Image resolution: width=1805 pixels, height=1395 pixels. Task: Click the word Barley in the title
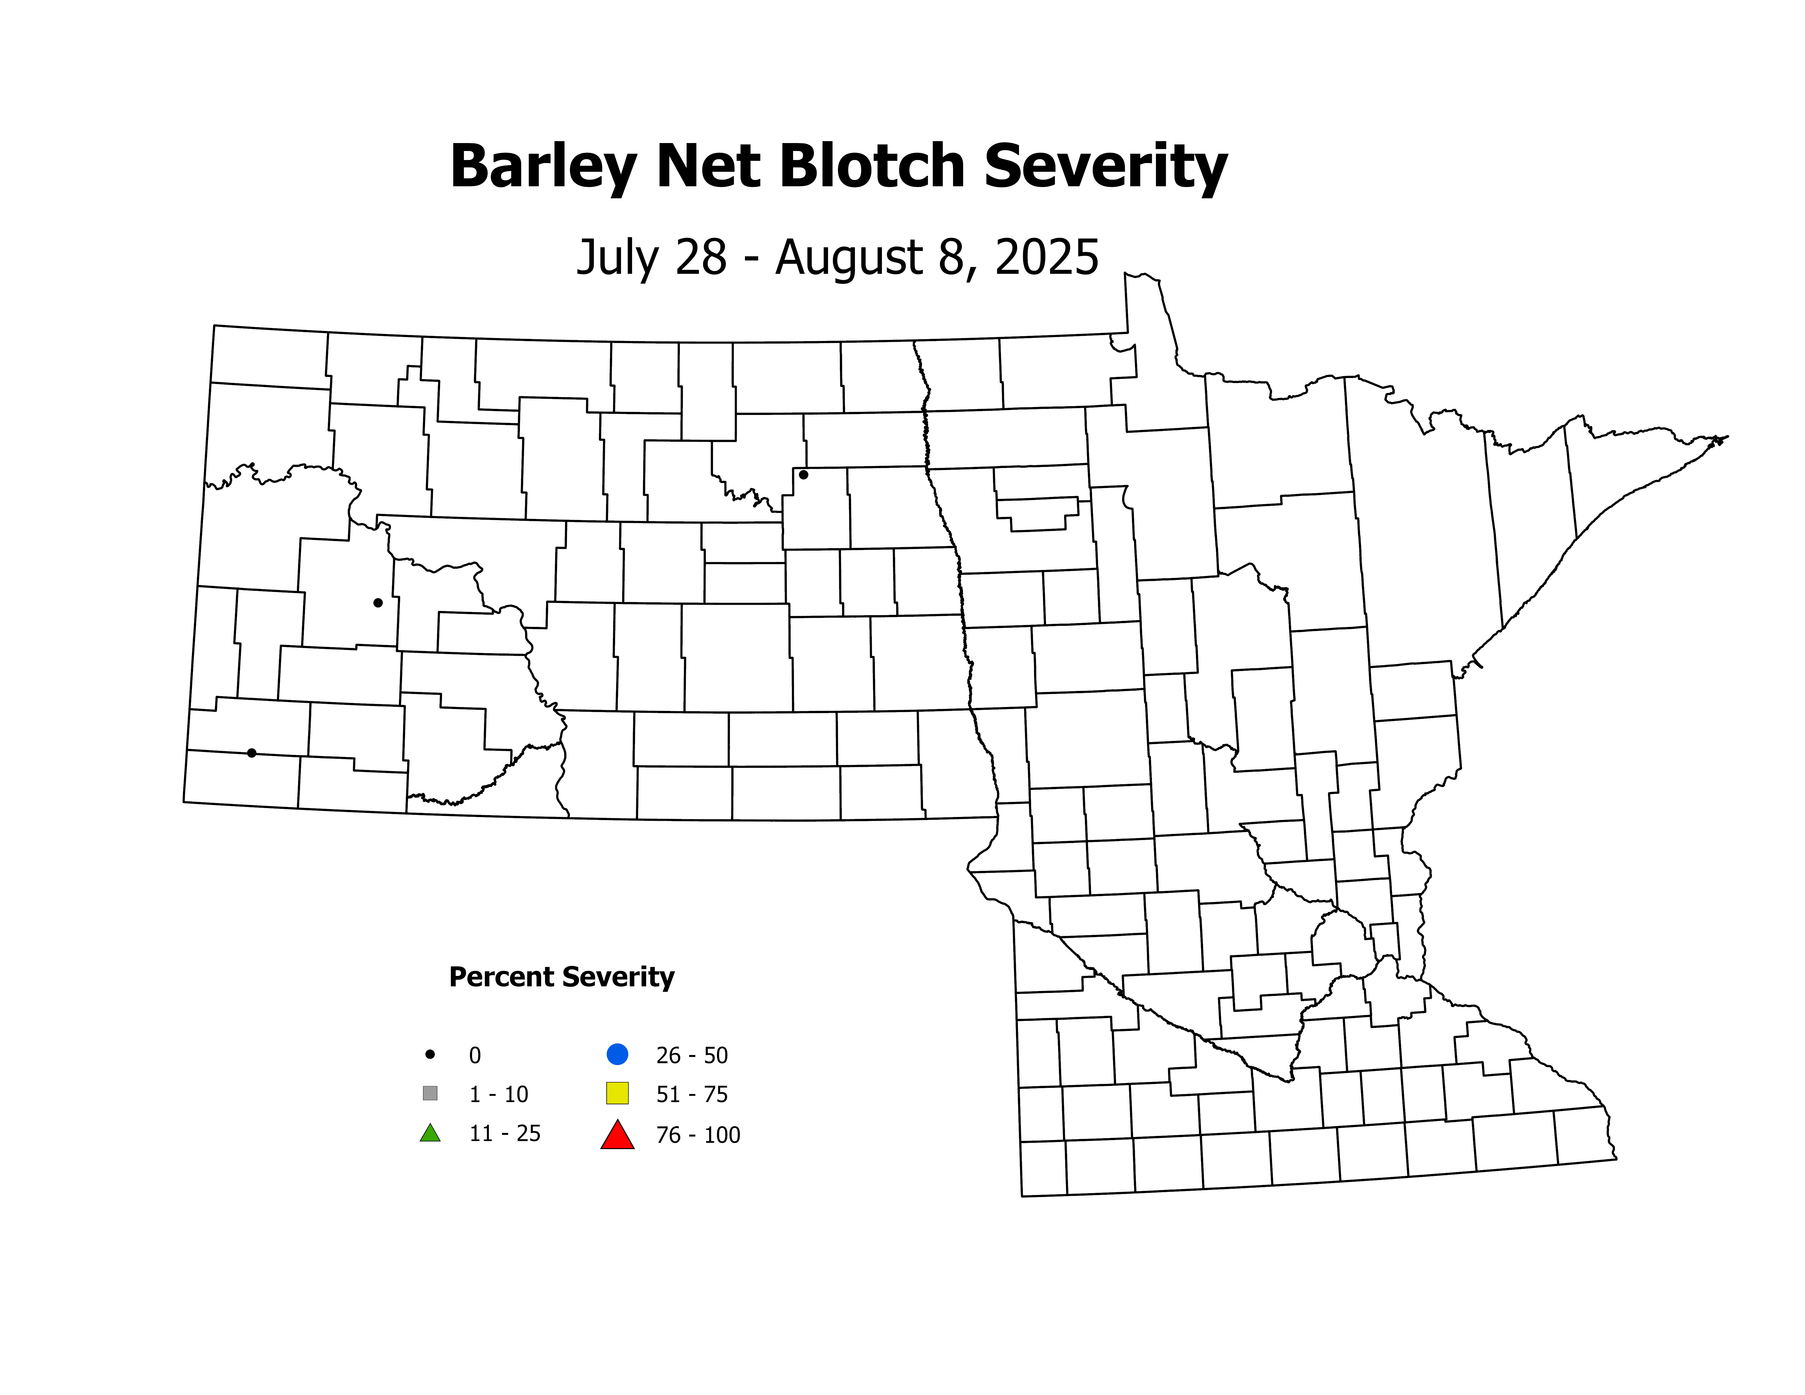pos(543,168)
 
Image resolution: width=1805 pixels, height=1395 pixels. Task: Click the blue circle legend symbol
pos(617,1054)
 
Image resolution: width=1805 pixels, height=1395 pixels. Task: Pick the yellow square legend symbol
pos(617,1093)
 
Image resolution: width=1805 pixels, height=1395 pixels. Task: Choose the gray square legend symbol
pos(430,1093)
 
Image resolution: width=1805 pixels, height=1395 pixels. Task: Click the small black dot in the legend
pos(430,1054)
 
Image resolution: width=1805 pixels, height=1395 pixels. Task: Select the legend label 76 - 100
pos(698,1135)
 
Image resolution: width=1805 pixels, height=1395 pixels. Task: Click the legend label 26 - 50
pos(692,1055)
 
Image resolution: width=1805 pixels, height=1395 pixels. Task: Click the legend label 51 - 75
pos(692,1095)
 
